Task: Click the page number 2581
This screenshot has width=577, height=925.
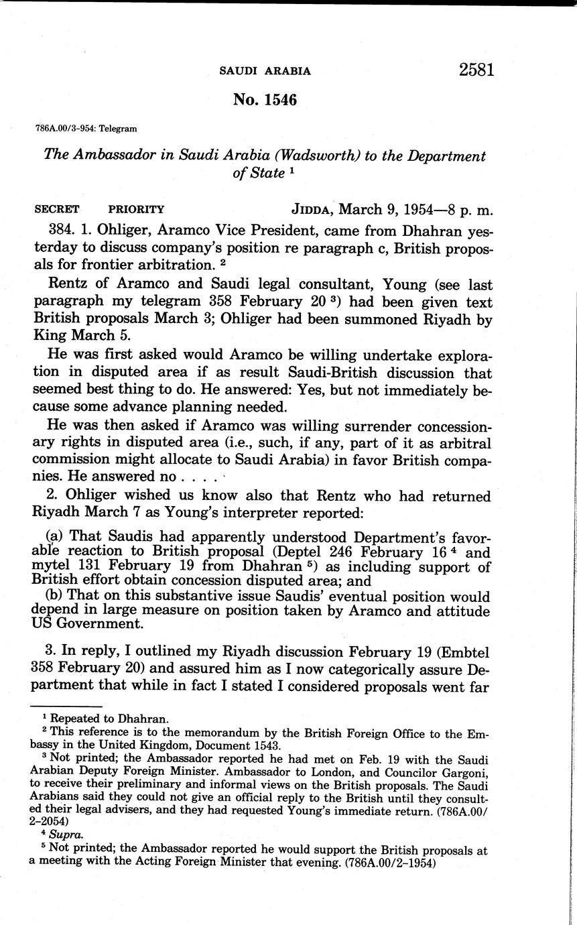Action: (x=476, y=70)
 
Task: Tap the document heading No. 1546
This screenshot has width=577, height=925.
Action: (x=265, y=100)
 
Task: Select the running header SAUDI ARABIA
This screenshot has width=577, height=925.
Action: (x=265, y=71)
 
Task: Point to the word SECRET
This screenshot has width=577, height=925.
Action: (x=56, y=209)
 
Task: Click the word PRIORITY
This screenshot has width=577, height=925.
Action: (x=136, y=209)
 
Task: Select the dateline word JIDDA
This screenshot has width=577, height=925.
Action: (x=311, y=209)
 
